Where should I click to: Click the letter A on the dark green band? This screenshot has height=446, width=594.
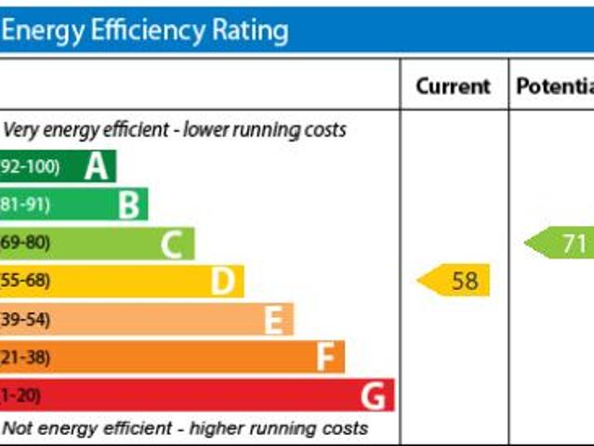(97, 166)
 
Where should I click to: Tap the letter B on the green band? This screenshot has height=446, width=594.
(129, 204)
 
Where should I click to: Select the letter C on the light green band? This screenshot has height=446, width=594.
(171, 243)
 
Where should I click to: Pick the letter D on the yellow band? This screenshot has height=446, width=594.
(222, 281)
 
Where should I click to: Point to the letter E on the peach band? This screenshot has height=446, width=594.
(273, 320)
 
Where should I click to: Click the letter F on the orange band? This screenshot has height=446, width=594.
(325, 357)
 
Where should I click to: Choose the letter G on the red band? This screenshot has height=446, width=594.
(373, 396)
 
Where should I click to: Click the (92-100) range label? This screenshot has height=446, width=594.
(30, 166)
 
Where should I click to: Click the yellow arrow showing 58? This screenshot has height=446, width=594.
(455, 280)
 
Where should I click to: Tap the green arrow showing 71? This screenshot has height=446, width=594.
(562, 243)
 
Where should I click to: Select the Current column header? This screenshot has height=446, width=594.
(453, 86)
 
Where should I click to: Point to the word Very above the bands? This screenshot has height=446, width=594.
(22, 129)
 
